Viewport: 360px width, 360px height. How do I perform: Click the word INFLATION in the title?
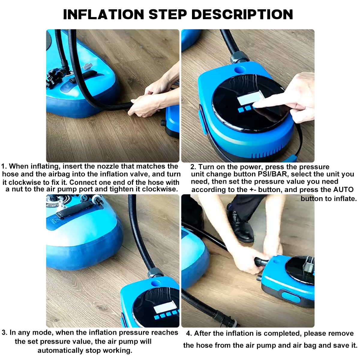(103, 14)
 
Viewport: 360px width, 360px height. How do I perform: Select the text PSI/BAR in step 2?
(273, 174)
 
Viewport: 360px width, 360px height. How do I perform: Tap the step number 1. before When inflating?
(4, 166)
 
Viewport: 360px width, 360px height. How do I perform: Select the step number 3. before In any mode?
(4, 333)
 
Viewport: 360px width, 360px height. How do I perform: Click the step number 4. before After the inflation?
(189, 334)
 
